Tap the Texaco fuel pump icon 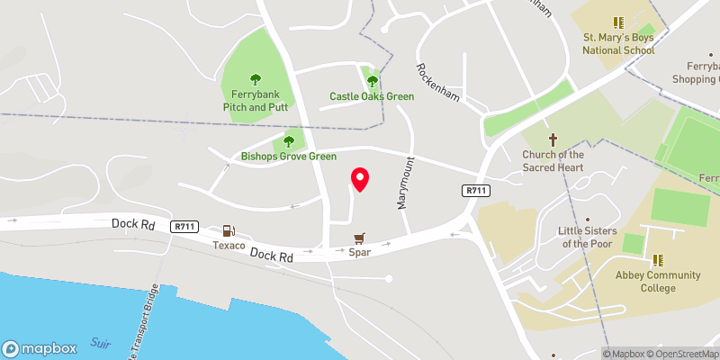tap(229, 231)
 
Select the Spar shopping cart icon tap(360, 238)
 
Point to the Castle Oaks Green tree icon tap(372, 82)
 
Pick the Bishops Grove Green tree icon tap(289, 141)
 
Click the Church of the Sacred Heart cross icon tap(553, 139)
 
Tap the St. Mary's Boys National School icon tap(617, 22)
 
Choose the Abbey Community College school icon tap(658, 260)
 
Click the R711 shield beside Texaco tap(185, 226)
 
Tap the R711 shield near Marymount tap(476, 191)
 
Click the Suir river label tap(101, 343)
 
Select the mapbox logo tap(40, 348)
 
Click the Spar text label tap(360, 253)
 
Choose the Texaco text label tap(229, 245)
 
